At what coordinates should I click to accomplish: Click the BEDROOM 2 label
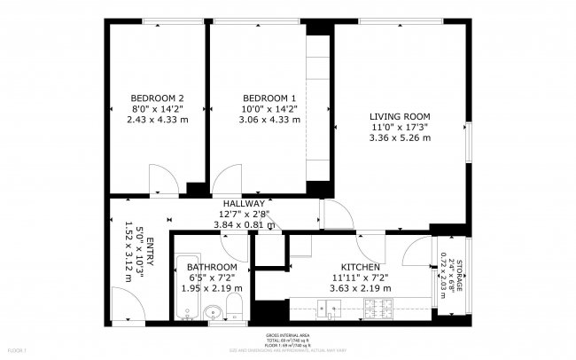(157, 98)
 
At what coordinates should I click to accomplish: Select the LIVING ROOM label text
(400, 116)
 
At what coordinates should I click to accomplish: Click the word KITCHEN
(361, 267)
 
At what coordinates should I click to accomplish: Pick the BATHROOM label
(212, 267)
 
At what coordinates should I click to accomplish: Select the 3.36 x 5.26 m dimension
(400, 137)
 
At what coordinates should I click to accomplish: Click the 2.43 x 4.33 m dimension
(157, 119)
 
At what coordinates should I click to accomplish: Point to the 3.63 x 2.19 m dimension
(361, 288)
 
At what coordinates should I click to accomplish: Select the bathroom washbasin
(213, 314)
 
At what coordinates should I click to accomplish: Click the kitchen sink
(330, 309)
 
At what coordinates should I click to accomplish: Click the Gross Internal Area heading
(288, 335)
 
